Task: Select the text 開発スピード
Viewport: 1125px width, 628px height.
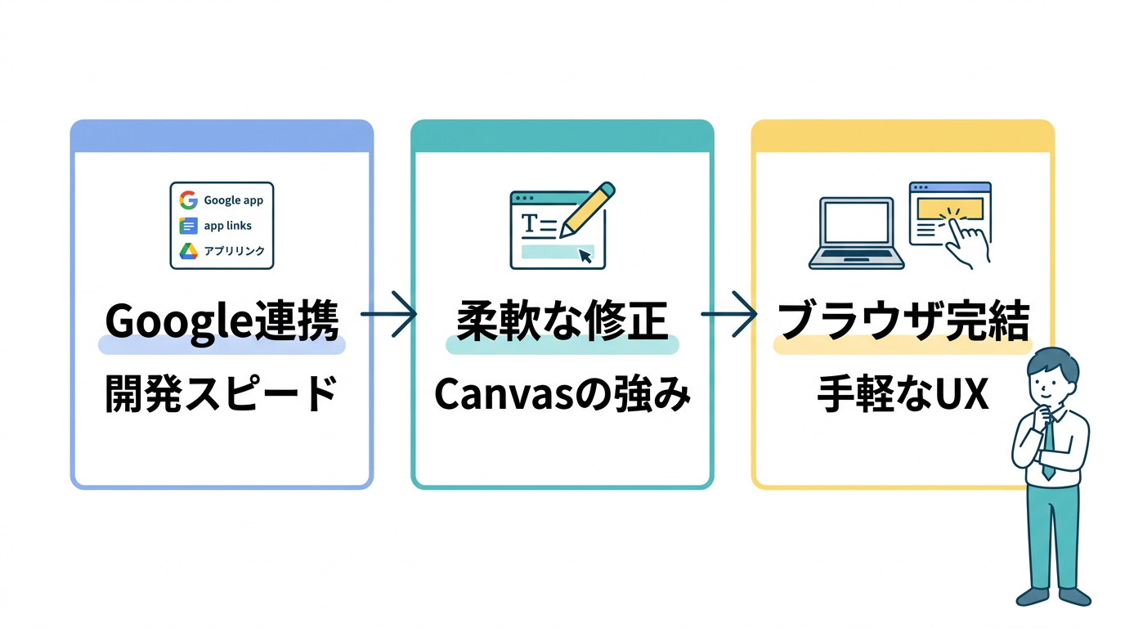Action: coord(222,397)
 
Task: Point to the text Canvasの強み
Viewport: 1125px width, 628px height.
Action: coord(562,397)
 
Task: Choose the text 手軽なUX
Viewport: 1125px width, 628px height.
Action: coord(903,397)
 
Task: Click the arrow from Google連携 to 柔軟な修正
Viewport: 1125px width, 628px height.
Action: coord(389,313)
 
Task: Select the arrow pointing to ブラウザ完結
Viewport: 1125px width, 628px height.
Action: coord(729,313)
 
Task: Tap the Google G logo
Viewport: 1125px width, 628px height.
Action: coord(189,200)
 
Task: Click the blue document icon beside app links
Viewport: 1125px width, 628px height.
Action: coord(189,226)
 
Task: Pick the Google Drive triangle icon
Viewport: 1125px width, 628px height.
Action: coord(189,251)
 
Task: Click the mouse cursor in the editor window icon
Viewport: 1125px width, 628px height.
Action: coord(585,255)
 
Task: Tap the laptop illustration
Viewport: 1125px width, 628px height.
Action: coord(856,234)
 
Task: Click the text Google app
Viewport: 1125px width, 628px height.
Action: coord(234,200)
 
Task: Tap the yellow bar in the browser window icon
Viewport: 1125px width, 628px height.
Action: coord(948,209)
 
